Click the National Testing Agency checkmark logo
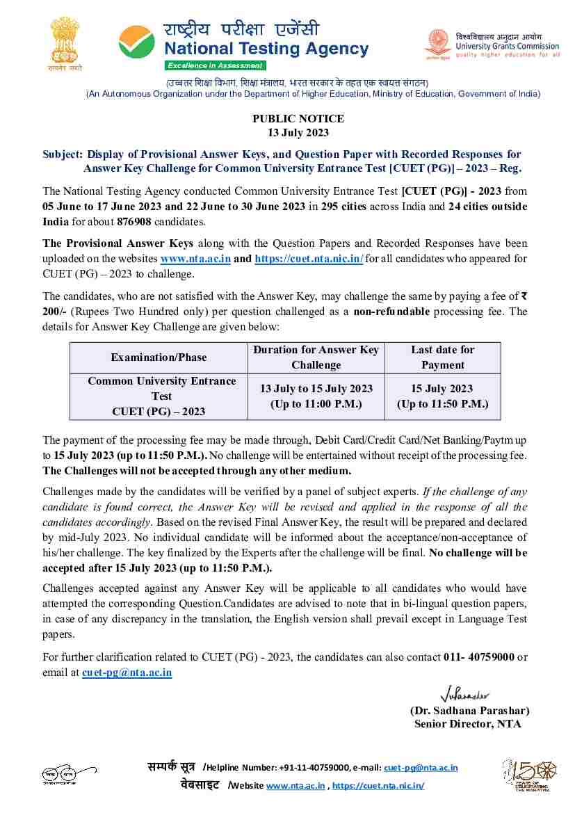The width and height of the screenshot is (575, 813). coord(136,42)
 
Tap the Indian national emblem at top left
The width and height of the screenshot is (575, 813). coord(65,44)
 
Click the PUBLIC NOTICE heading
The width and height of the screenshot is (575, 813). coord(298,119)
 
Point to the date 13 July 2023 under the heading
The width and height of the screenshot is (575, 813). coord(298,133)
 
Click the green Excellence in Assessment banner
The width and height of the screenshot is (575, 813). coord(215,65)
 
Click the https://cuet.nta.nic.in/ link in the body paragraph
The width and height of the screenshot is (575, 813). coord(309,258)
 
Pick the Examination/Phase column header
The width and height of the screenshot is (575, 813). coord(159,357)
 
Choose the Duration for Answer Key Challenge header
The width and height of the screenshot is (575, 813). coord(316,357)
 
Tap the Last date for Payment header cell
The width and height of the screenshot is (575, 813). coord(442,357)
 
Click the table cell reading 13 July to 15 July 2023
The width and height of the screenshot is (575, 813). coord(316,396)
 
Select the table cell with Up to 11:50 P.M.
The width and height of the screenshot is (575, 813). coord(442,396)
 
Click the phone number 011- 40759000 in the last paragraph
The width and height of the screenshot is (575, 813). coord(478,657)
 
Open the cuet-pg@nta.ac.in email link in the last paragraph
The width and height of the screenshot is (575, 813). coord(127,673)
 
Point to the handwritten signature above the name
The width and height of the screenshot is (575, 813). coord(465,694)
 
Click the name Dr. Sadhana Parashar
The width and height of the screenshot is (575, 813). coord(469,711)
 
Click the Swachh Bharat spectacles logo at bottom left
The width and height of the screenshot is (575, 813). coord(69,774)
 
